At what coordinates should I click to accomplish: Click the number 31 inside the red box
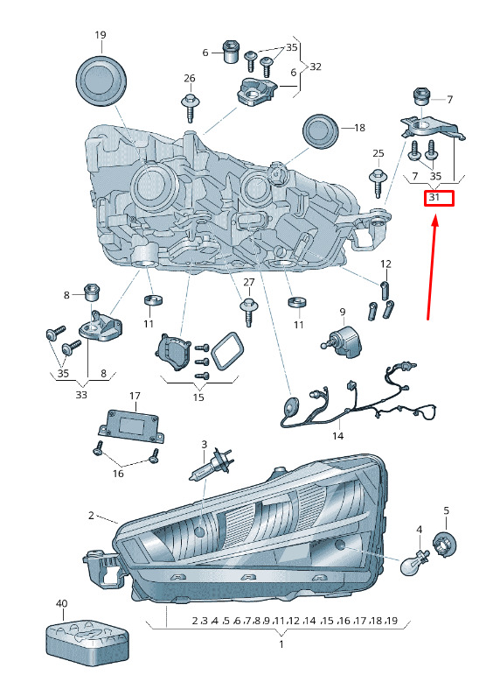(434, 197)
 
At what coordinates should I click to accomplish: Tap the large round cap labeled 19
(101, 81)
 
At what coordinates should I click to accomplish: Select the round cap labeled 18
(319, 130)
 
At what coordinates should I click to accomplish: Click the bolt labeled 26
(190, 106)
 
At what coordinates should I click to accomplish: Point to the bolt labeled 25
(378, 182)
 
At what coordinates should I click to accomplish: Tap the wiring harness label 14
(337, 436)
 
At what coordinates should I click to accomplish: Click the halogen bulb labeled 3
(211, 464)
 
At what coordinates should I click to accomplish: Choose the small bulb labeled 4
(415, 561)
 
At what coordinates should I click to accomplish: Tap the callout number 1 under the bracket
(281, 644)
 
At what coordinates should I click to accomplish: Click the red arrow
(432, 269)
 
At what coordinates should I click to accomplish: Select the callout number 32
(316, 67)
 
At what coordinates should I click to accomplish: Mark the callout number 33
(81, 394)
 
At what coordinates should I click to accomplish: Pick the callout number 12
(385, 264)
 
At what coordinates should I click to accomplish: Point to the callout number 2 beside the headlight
(91, 515)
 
